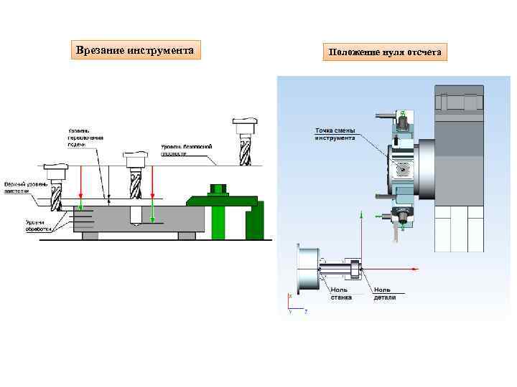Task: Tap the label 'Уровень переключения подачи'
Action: (85, 137)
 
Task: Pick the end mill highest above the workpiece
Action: (244, 143)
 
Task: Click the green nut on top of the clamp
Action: (217, 190)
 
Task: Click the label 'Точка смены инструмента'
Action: (335, 134)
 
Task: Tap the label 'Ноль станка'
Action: (340, 294)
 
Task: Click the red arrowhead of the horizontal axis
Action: (414, 269)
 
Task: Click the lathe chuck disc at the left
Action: (307, 268)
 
